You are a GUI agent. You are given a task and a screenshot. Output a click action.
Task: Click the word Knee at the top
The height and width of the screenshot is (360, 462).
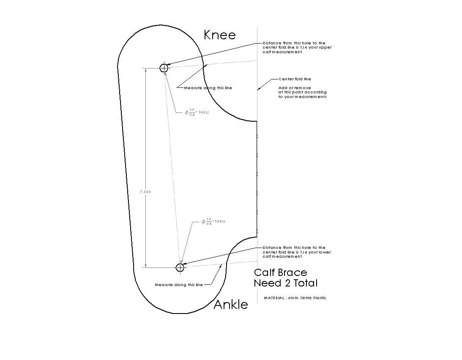click(x=219, y=35)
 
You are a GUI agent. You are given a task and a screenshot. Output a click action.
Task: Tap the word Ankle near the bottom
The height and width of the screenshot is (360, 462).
click(x=231, y=304)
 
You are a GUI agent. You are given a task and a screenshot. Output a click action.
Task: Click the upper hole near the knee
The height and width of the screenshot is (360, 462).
click(x=164, y=68)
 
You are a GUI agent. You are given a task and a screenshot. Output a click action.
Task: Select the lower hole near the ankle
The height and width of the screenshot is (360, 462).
click(x=180, y=267)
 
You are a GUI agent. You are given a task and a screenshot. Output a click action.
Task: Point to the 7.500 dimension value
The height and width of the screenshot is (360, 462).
click(x=145, y=192)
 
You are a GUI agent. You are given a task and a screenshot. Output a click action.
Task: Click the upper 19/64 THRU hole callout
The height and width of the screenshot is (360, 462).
click(x=197, y=112)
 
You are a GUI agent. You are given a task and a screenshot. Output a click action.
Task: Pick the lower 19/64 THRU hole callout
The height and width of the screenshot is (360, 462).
click(x=213, y=221)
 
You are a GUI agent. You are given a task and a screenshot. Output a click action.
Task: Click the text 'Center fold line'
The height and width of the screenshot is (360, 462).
click(x=295, y=79)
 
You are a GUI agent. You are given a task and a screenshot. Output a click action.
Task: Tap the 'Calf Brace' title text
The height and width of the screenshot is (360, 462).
click(x=281, y=273)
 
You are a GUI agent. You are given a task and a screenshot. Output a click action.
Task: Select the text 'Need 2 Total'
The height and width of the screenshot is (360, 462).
click(x=286, y=283)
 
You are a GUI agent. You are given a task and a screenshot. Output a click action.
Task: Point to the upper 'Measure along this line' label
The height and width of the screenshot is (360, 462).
click(x=208, y=88)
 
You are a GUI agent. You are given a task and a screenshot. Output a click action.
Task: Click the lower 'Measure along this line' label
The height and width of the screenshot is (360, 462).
click(x=179, y=285)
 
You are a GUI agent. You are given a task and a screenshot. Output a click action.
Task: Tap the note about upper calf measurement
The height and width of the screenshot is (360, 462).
click(x=297, y=47)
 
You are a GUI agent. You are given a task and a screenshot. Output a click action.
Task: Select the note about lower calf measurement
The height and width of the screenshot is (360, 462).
click(x=297, y=252)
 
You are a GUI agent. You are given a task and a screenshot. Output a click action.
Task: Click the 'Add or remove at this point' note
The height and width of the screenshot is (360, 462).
click(x=303, y=92)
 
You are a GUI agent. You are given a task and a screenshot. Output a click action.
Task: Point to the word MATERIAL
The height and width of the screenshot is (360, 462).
click(x=274, y=298)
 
